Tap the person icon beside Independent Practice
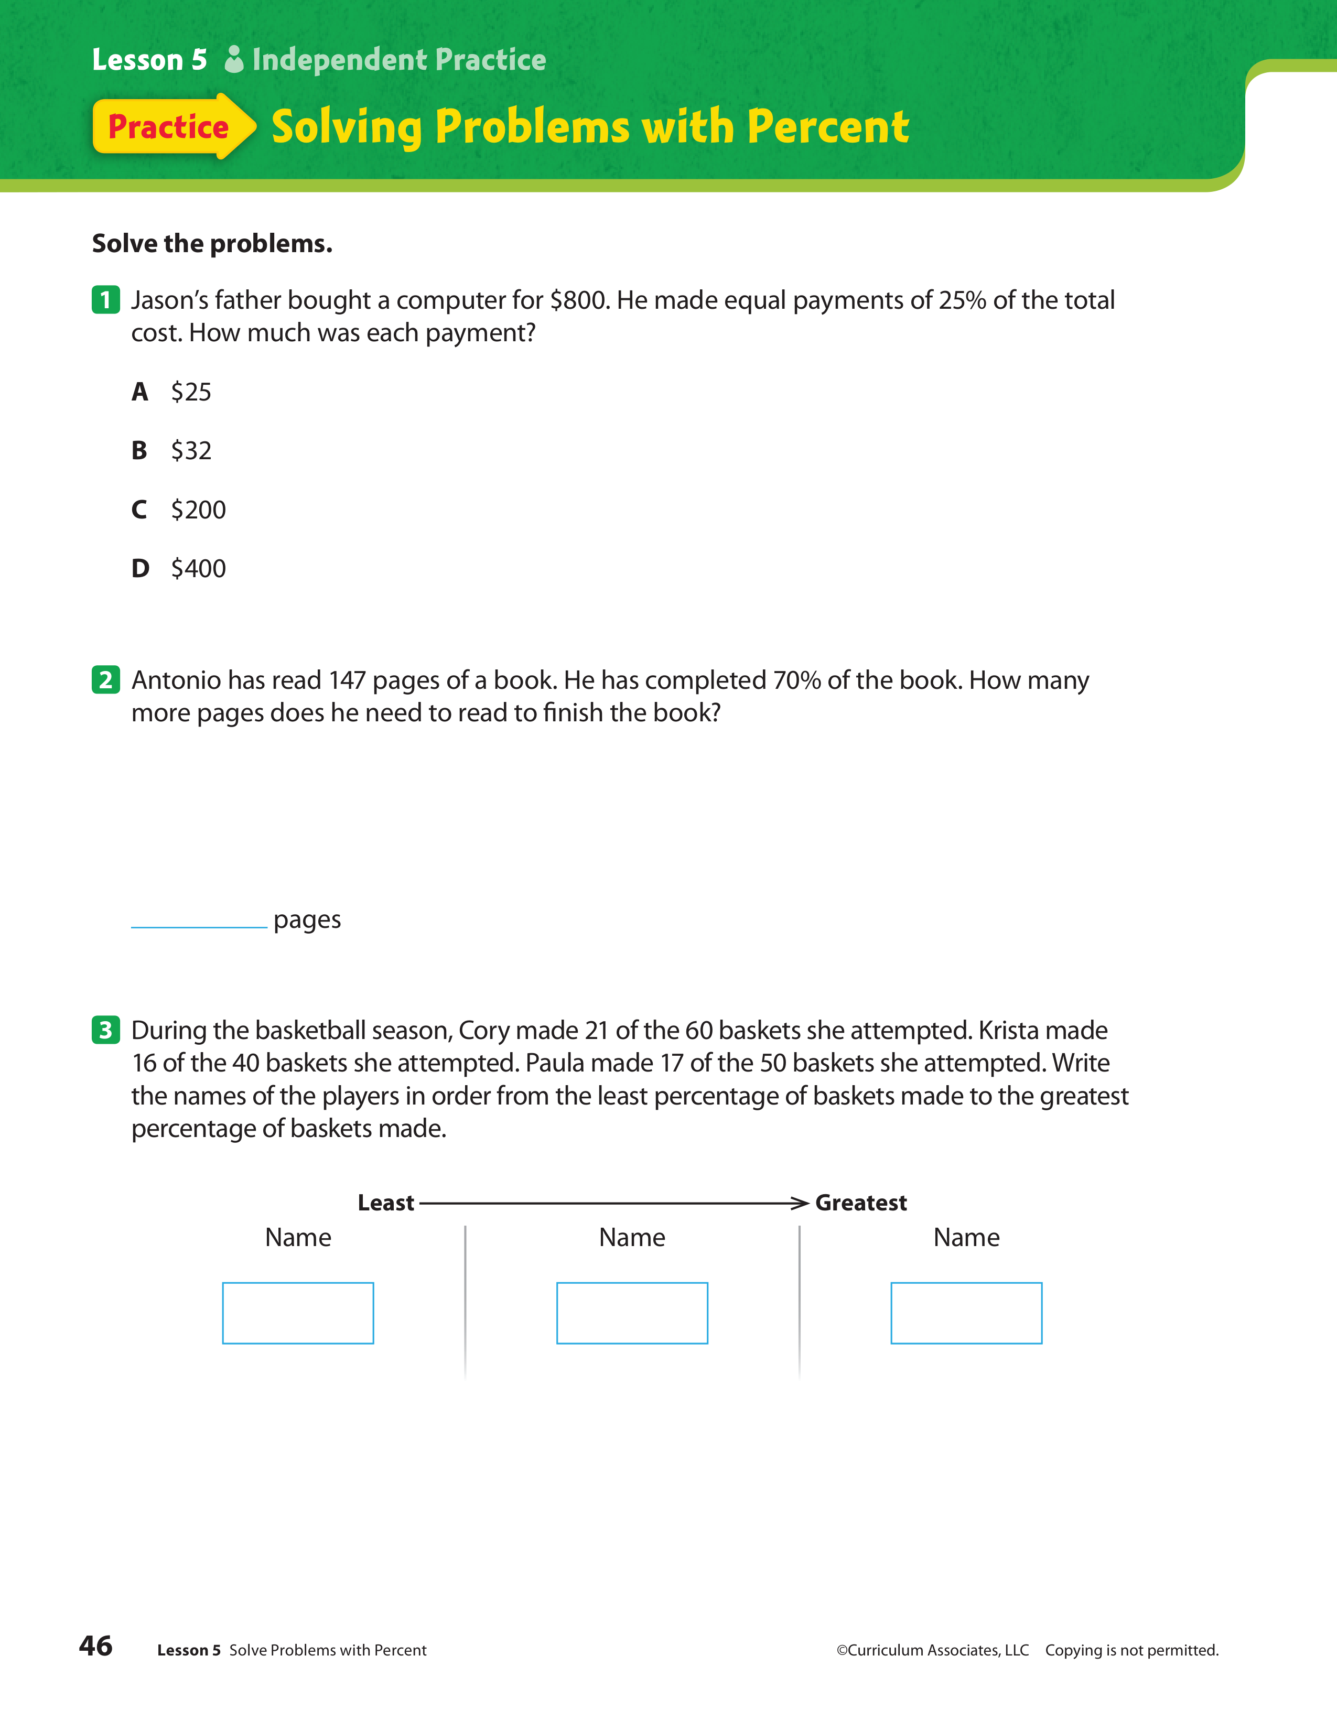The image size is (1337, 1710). [x=233, y=60]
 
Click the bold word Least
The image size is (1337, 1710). [x=385, y=1203]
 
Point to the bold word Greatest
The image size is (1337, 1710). [x=861, y=1203]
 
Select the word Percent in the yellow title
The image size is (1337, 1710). [x=828, y=127]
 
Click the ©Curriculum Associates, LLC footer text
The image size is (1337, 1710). [x=932, y=1650]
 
